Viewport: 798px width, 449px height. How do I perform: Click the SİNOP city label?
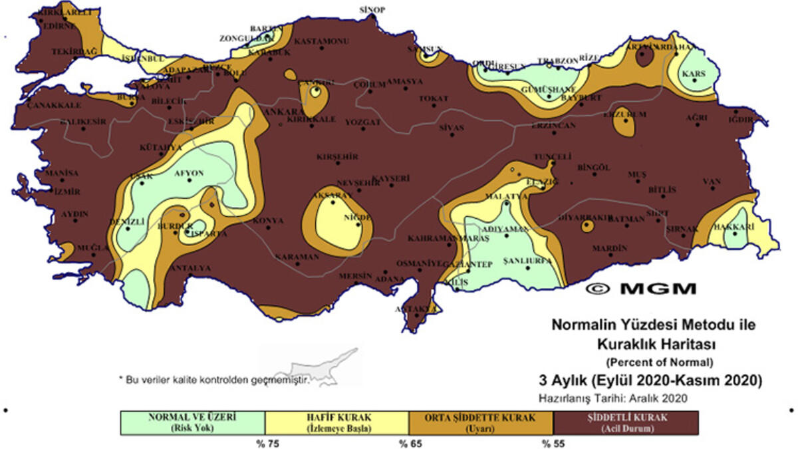click(x=372, y=10)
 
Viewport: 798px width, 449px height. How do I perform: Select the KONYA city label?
click(x=268, y=221)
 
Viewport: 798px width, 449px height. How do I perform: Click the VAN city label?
click(x=713, y=181)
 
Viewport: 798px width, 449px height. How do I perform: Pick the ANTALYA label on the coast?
click(x=191, y=268)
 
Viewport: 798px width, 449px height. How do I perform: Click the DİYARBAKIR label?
click(x=584, y=217)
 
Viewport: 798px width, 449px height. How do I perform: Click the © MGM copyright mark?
click(x=642, y=289)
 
